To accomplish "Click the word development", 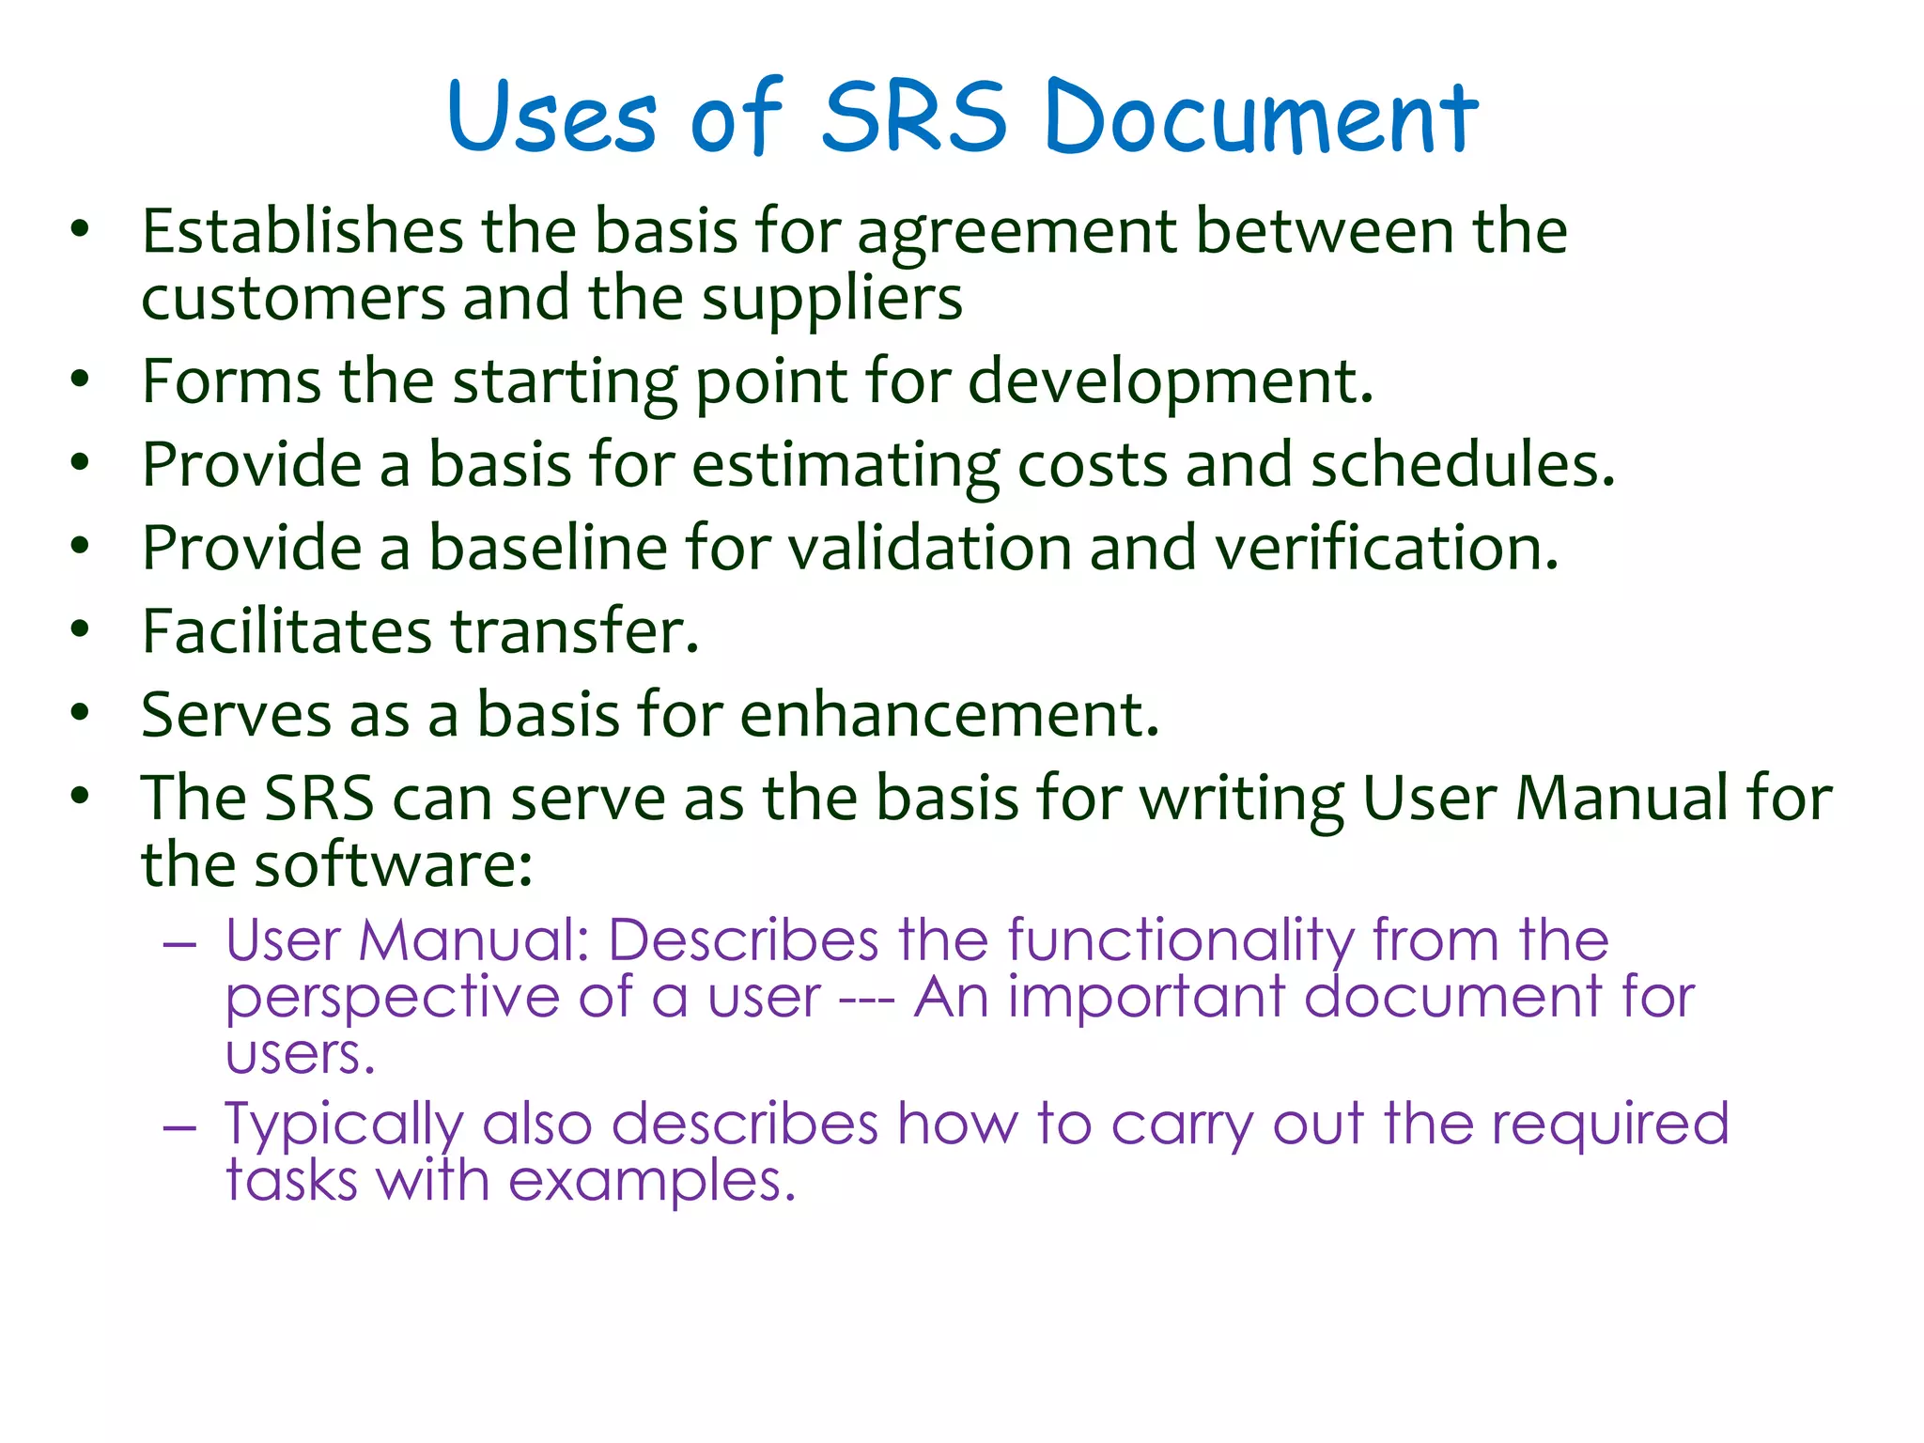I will (1171, 383).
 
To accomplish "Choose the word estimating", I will (846, 466).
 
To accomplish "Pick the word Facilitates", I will (287, 631).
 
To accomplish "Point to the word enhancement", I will (950, 715).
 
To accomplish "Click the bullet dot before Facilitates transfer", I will (80, 629).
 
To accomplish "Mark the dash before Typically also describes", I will (179, 1125).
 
